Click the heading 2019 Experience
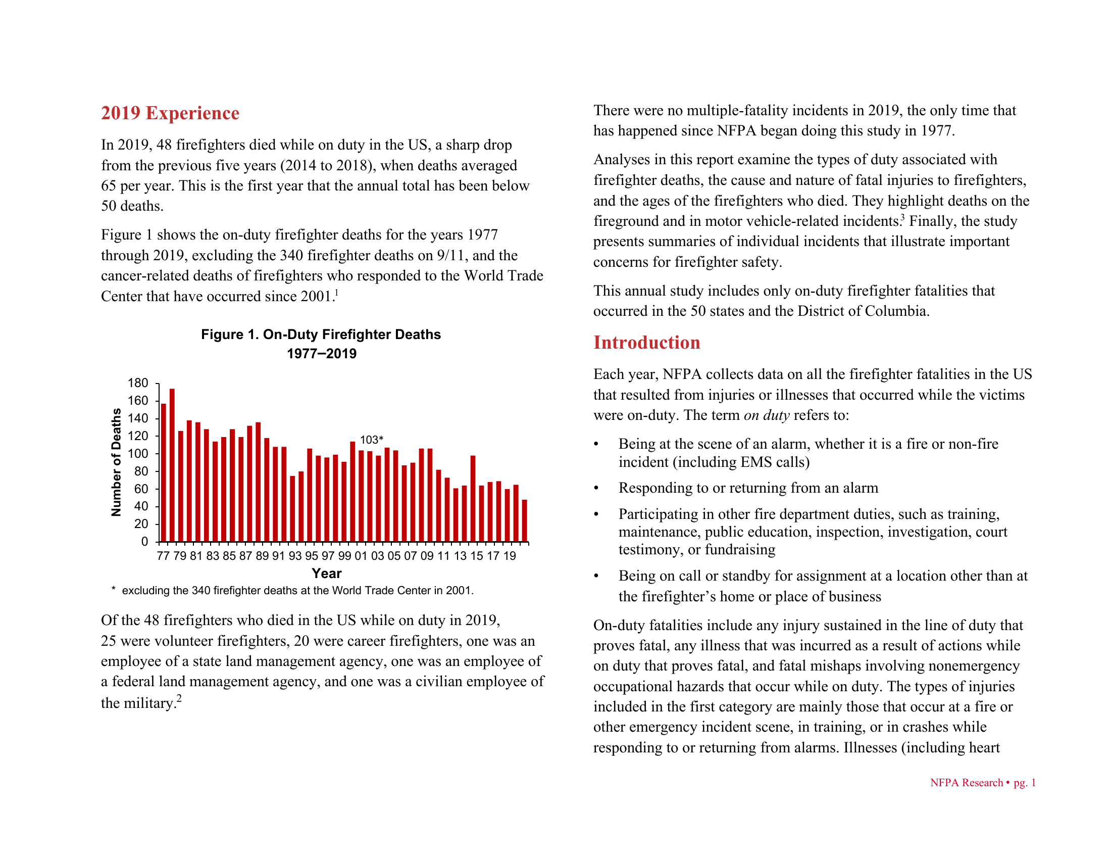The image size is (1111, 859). [170, 113]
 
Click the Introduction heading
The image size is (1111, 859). [646, 343]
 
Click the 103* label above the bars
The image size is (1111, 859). [371, 440]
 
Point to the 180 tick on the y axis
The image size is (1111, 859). [138, 383]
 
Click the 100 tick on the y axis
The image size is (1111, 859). [138, 453]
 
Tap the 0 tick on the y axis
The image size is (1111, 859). [144, 542]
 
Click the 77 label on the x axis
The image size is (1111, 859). [163, 556]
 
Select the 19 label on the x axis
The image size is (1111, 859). [510, 556]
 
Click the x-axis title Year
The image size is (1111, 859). [327, 574]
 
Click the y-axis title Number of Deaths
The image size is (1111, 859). [117, 462]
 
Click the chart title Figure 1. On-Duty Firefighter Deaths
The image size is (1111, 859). [321, 335]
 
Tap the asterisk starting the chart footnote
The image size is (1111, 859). [113, 589]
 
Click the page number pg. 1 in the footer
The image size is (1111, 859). [1025, 783]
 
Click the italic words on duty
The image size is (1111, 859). [766, 415]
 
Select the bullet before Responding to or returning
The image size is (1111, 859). [597, 489]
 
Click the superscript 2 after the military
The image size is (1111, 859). [179, 698]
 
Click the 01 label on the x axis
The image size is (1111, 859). [361, 556]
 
